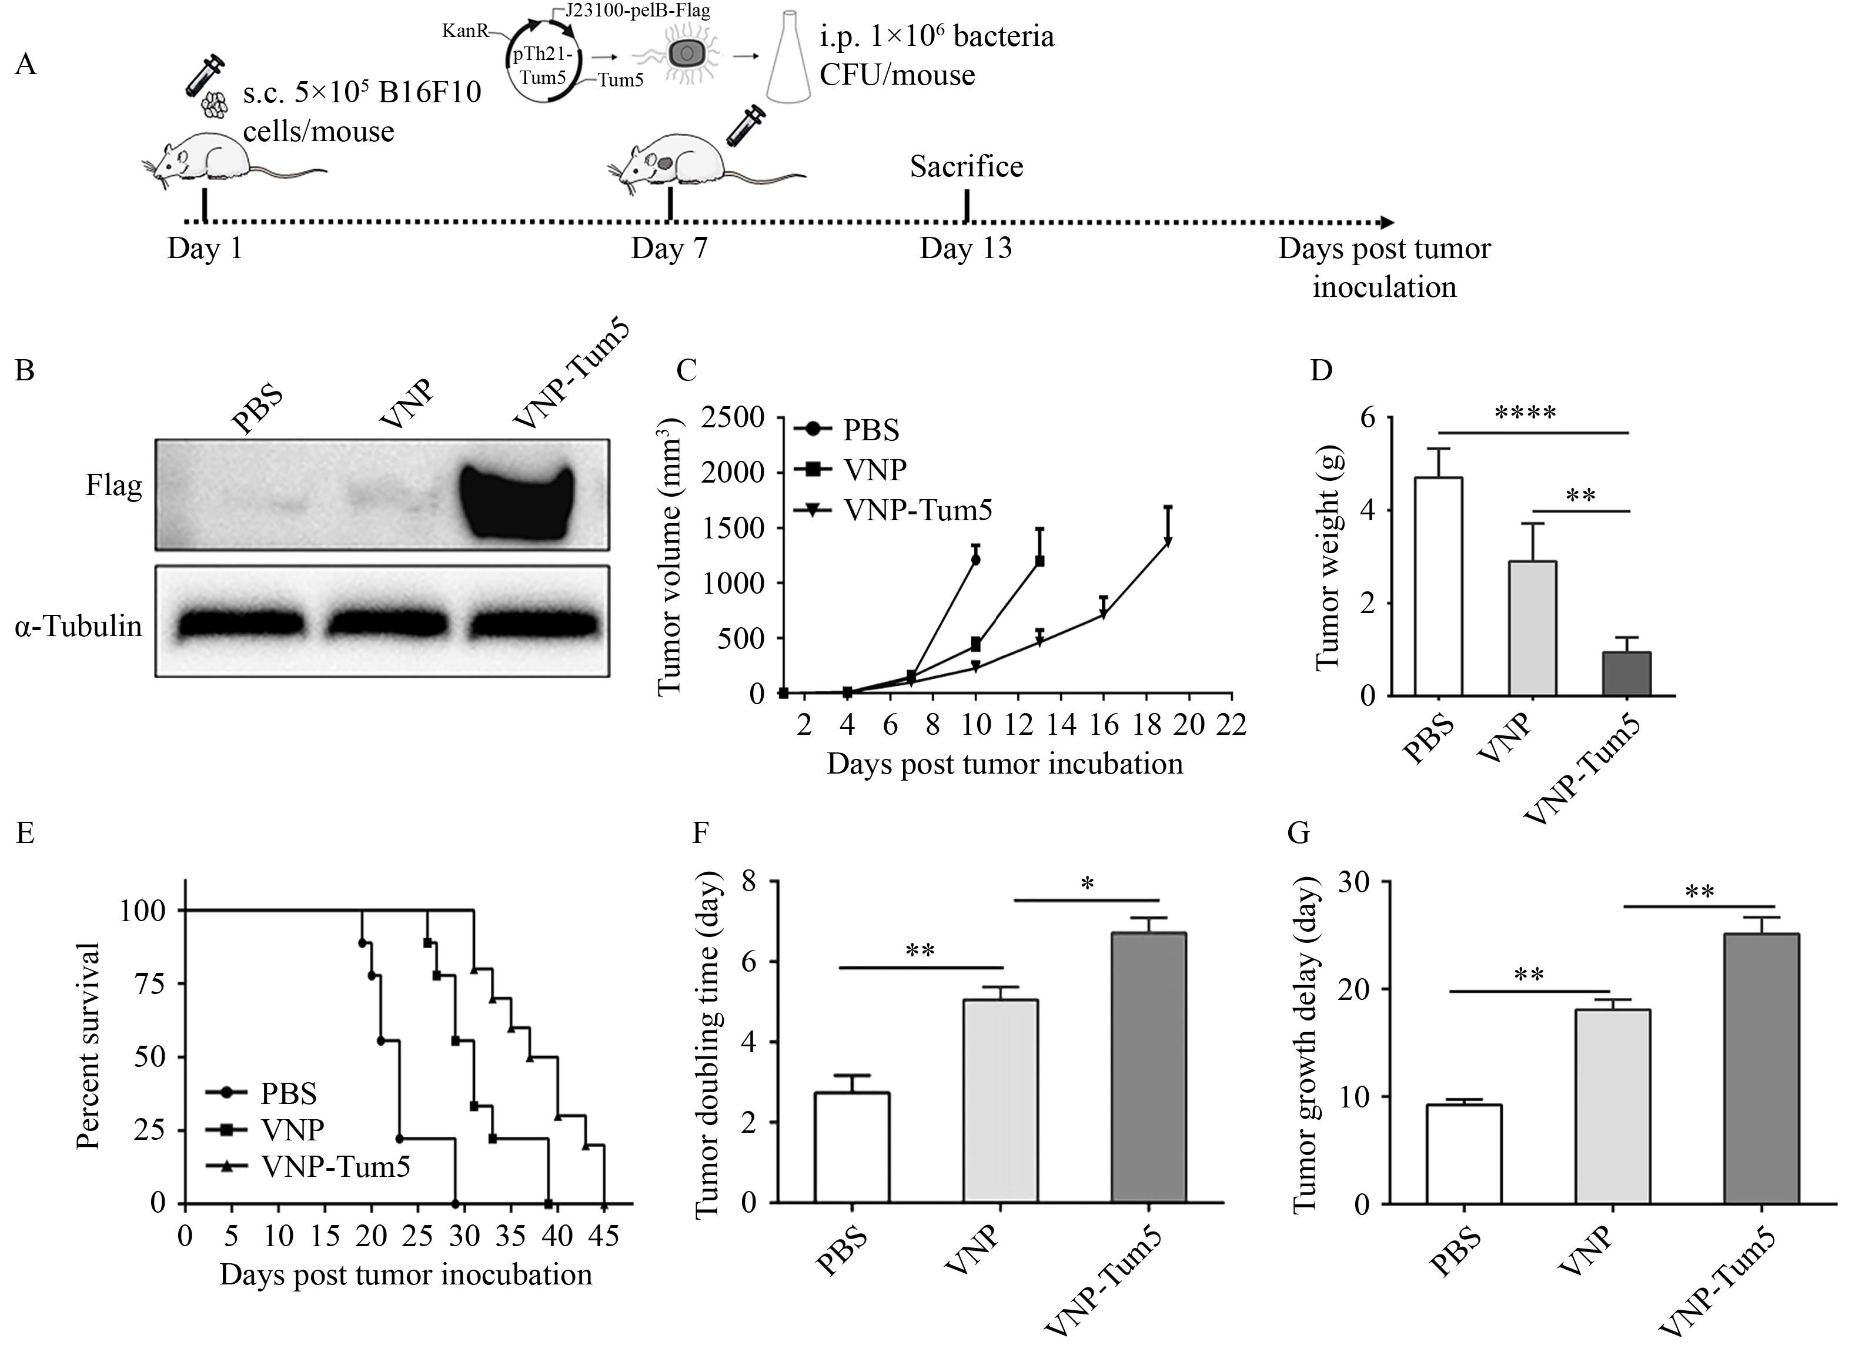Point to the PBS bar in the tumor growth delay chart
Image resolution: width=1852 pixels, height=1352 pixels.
click(1464, 1153)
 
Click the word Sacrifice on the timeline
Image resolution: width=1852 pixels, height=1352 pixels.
click(966, 167)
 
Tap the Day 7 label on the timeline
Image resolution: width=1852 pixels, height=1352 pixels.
click(668, 248)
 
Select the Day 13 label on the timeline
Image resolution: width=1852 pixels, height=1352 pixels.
click(966, 248)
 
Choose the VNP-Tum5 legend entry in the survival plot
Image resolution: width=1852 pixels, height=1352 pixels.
click(317, 1166)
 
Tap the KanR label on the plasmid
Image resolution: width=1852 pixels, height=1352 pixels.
click(466, 31)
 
